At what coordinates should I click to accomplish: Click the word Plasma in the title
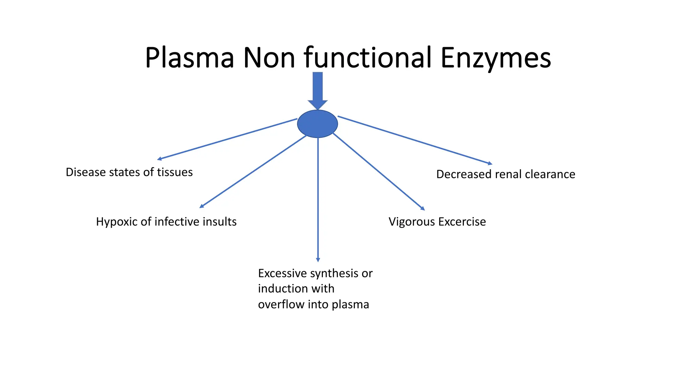(189, 58)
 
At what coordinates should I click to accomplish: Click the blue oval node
(317, 124)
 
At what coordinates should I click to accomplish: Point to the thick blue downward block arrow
(317, 90)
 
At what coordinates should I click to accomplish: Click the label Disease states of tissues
(129, 172)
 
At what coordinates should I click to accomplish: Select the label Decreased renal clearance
(506, 174)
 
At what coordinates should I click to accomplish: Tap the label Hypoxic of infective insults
(166, 222)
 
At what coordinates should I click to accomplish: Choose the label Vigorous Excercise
(437, 222)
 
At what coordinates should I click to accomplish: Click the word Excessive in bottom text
(282, 273)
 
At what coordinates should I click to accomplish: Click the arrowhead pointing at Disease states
(159, 159)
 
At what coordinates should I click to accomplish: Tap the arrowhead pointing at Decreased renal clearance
(490, 164)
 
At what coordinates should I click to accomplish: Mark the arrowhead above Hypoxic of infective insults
(201, 206)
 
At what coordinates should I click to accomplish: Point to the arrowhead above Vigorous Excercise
(423, 208)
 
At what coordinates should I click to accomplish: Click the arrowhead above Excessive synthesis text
(318, 260)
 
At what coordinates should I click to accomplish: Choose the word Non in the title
(269, 58)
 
